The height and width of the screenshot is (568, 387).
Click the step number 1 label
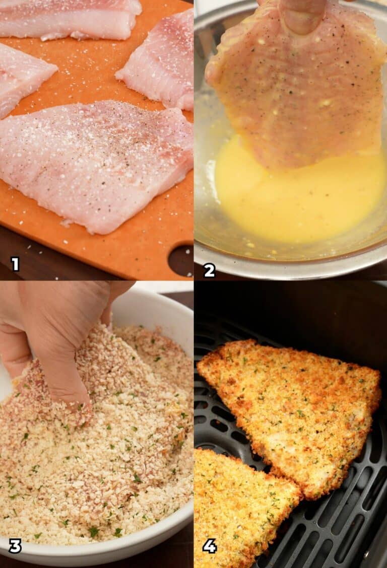[15, 264]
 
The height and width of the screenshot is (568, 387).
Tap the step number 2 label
[210, 270]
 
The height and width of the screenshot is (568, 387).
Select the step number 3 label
[15, 546]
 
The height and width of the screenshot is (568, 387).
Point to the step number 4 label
[210, 546]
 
